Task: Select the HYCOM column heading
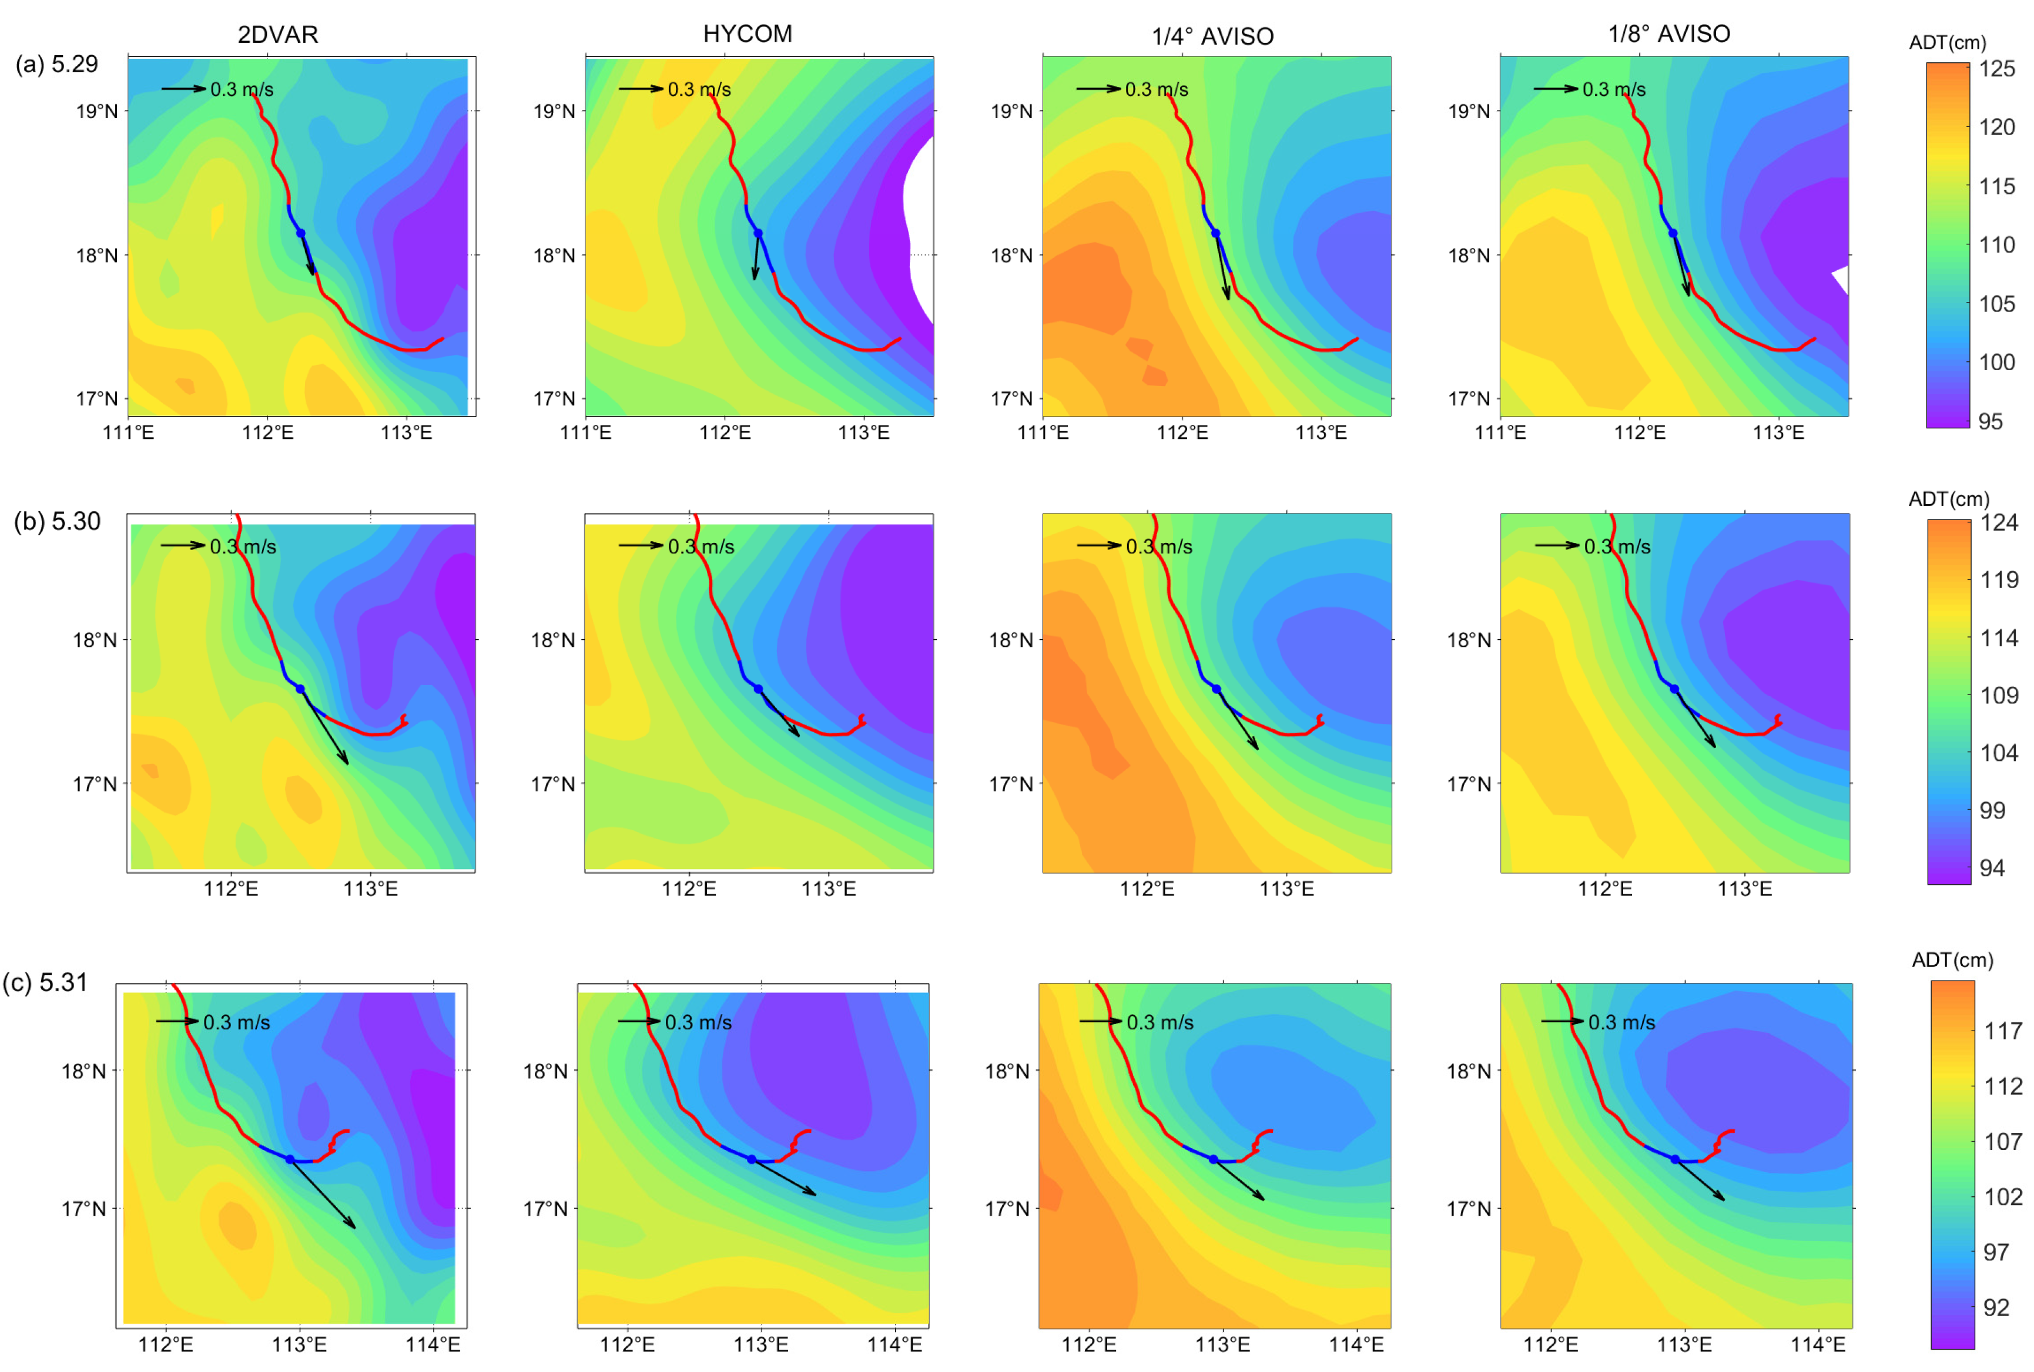tap(748, 34)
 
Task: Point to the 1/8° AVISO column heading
tap(1669, 34)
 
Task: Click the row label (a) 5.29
tap(56, 65)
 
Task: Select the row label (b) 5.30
tap(57, 522)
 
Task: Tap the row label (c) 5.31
tap(45, 982)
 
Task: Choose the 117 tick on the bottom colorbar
tap(2002, 1032)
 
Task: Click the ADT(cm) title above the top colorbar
tap(1948, 42)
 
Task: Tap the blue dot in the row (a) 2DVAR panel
tap(300, 233)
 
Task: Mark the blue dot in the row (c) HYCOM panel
tap(751, 1159)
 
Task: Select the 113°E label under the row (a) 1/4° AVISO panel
tap(1321, 433)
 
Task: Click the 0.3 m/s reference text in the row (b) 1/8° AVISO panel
tap(1617, 547)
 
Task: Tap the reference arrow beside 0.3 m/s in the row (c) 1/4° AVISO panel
tap(1100, 1021)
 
